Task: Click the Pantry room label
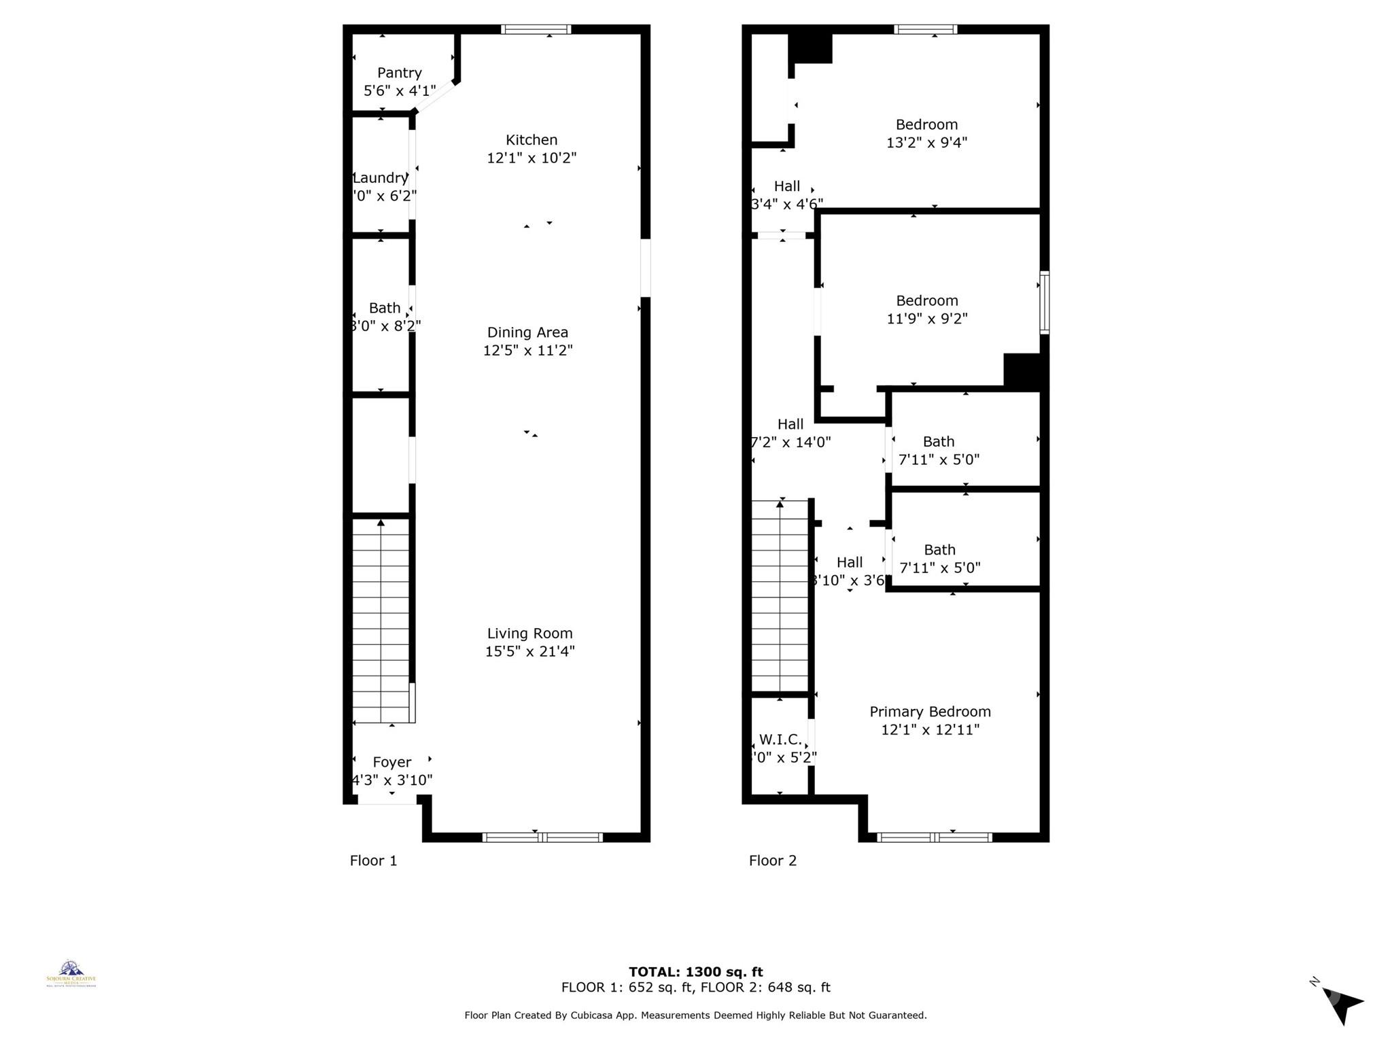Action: pos(400,73)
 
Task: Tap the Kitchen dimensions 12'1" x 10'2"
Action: pos(532,158)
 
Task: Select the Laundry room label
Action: pos(380,178)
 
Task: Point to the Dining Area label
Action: pos(527,332)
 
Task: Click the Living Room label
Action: pos(529,633)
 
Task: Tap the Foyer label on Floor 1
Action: pos(392,763)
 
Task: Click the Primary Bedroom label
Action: pos(930,712)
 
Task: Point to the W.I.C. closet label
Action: pos(780,739)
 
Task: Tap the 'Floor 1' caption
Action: pos(373,860)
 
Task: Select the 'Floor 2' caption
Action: pos(772,860)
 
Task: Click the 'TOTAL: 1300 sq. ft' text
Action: pos(695,972)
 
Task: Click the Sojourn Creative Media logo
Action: pos(71,973)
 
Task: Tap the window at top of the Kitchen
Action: pos(536,29)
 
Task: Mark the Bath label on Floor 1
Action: pos(385,308)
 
